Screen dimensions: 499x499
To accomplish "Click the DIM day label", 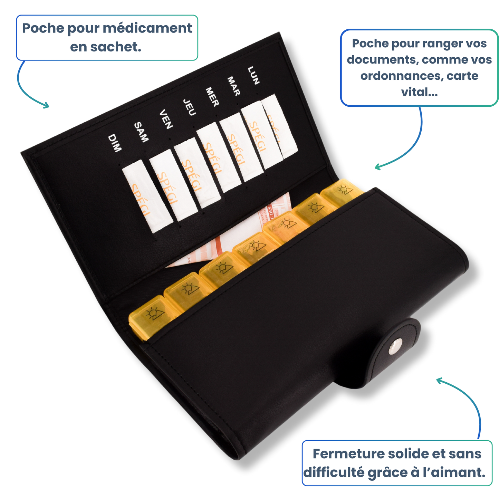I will (x=115, y=143).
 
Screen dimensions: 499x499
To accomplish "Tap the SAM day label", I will (x=141, y=132).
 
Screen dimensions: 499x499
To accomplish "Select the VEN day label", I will (x=166, y=119).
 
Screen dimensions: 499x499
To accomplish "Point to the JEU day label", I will (x=189, y=107).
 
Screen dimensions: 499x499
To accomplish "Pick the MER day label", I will (x=212, y=97).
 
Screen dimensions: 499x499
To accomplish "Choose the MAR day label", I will (x=233, y=86).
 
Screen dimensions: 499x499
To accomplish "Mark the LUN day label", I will (x=253, y=75).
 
